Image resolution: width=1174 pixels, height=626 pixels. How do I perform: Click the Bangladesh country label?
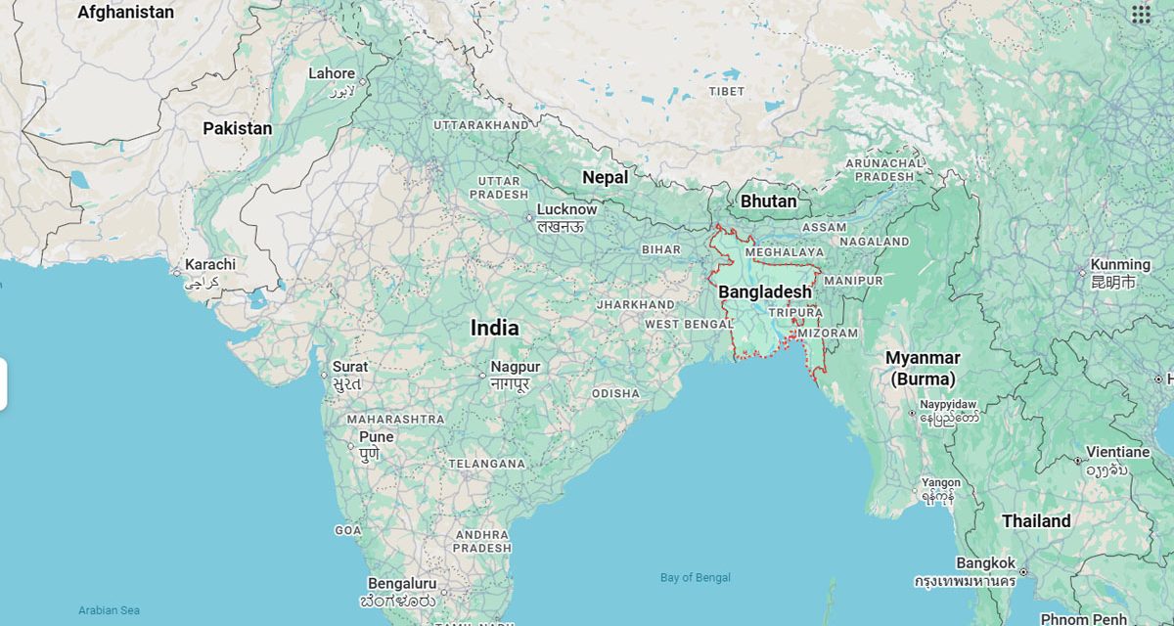pyautogui.click(x=765, y=291)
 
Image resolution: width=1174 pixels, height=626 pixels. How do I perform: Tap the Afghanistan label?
pyautogui.click(x=125, y=13)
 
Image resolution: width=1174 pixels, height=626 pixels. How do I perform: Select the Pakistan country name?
pyautogui.click(x=238, y=128)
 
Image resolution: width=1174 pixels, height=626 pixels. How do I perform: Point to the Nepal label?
pyautogui.click(x=605, y=177)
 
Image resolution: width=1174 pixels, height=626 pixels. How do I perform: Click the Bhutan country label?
pyautogui.click(x=768, y=201)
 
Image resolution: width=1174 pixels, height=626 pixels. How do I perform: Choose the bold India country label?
pyautogui.click(x=495, y=328)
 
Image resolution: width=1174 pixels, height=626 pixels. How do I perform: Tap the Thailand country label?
pyautogui.click(x=1036, y=521)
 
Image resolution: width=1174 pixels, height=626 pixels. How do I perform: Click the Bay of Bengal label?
pyautogui.click(x=696, y=578)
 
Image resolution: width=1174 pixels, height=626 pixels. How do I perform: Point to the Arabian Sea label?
pyautogui.click(x=109, y=610)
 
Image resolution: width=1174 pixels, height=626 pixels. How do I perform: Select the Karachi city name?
pyautogui.click(x=210, y=264)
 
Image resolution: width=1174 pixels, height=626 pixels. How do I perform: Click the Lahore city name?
pyautogui.click(x=332, y=73)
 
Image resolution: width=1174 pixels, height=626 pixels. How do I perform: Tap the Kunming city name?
pyautogui.click(x=1120, y=264)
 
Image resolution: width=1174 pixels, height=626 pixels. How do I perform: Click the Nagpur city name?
pyautogui.click(x=516, y=367)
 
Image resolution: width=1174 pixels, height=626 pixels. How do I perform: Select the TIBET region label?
pyautogui.click(x=727, y=91)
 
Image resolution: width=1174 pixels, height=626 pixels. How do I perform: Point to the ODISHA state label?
pyautogui.click(x=615, y=393)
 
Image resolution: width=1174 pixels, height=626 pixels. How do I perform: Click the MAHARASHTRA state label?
pyautogui.click(x=395, y=419)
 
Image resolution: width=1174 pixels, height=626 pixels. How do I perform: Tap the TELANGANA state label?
pyautogui.click(x=486, y=463)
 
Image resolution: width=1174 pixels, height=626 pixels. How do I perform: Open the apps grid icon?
pyautogui.click(x=1141, y=14)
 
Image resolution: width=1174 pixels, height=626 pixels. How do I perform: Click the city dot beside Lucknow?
pyautogui.click(x=529, y=217)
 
